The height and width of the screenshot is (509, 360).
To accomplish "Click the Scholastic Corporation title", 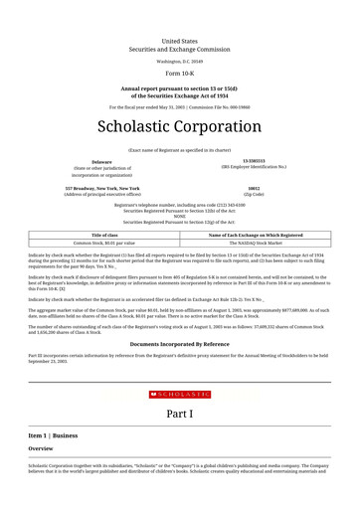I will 180,127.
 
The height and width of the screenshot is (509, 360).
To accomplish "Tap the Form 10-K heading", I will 180,75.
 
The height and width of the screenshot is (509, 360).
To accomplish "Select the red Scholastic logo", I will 180,395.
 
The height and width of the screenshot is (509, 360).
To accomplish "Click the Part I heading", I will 180,413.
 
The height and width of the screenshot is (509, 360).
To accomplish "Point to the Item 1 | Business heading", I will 53,435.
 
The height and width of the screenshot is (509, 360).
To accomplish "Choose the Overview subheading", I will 41,449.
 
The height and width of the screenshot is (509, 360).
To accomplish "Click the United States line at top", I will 180,42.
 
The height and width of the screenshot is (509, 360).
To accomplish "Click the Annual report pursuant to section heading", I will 180,88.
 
